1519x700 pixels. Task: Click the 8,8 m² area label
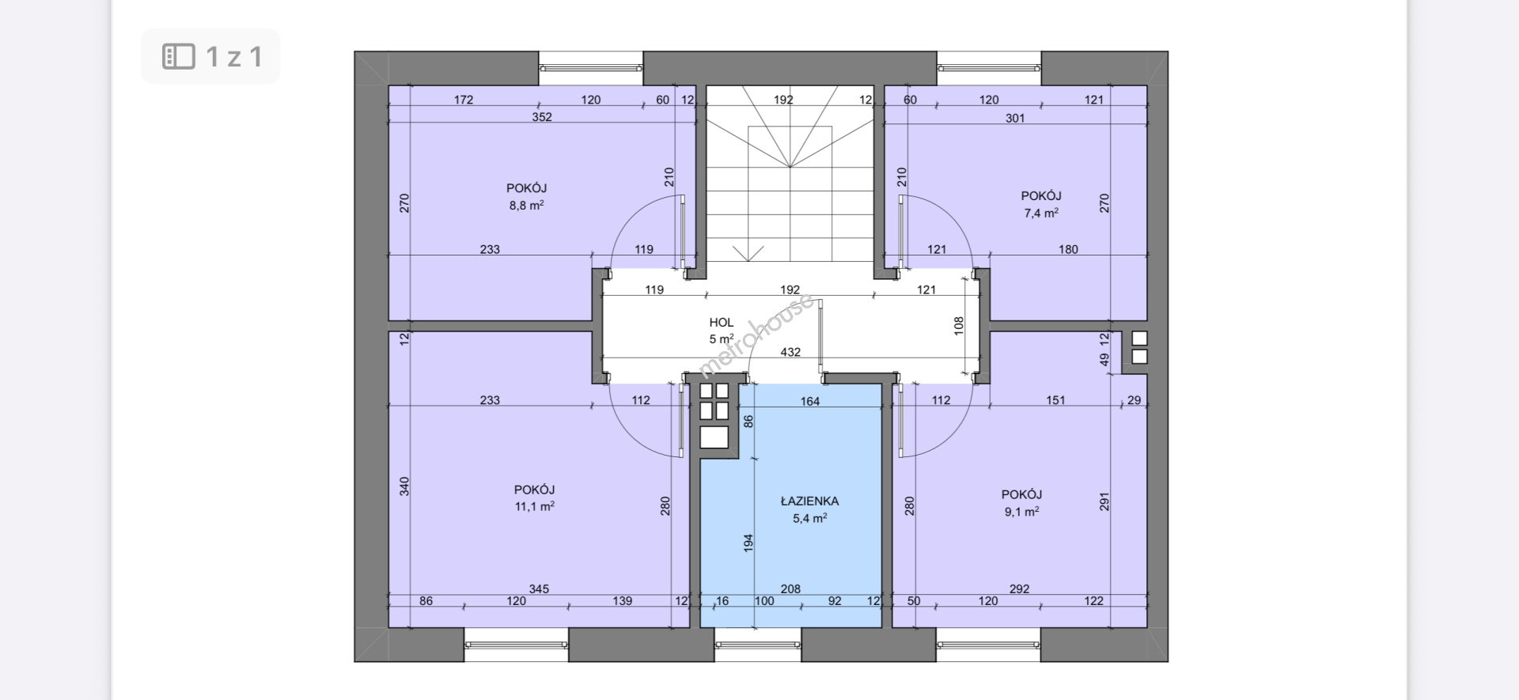[526, 206]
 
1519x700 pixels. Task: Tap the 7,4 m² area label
[1041, 214]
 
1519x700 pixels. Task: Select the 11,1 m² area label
[535, 506]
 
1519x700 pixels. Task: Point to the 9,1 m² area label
[1021, 512]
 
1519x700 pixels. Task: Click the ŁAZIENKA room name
[809, 501]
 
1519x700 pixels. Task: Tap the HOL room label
[721, 323]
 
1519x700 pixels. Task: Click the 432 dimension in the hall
[790, 352]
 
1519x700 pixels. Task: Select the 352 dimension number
[542, 117]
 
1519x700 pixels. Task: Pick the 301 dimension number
[1015, 118]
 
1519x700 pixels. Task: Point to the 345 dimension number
[539, 588]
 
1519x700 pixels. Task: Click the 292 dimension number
[1020, 588]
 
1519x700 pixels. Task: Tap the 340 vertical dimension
[404, 486]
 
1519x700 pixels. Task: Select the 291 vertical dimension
[1104, 501]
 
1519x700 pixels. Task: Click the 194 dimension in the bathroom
[748, 543]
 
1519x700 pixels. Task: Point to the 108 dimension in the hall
[959, 325]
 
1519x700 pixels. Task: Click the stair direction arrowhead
[748, 254]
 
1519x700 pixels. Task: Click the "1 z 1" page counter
[234, 56]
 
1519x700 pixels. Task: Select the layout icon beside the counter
[179, 56]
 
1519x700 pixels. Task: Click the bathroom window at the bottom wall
[758, 645]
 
